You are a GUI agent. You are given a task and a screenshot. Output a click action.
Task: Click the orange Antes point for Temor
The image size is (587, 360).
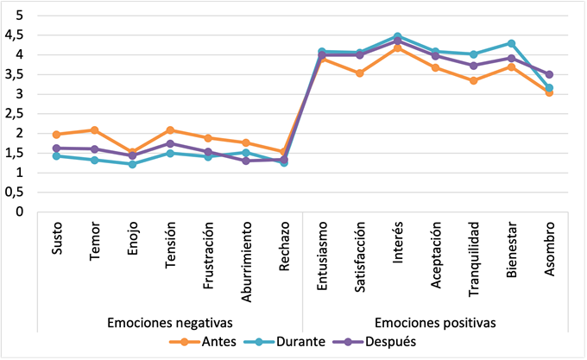coord(94,130)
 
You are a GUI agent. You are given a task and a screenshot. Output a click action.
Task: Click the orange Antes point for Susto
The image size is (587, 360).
coord(56,135)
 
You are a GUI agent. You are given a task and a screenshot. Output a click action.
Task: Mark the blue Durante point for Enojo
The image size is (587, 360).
coord(132,164)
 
